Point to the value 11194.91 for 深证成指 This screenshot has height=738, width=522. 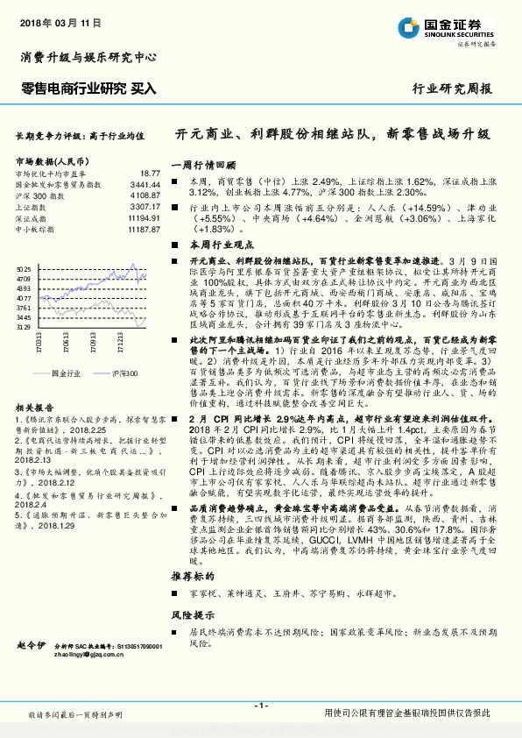(142, 217)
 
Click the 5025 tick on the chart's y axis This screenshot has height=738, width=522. (24, 269)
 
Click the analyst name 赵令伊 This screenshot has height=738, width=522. (31, 645)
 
